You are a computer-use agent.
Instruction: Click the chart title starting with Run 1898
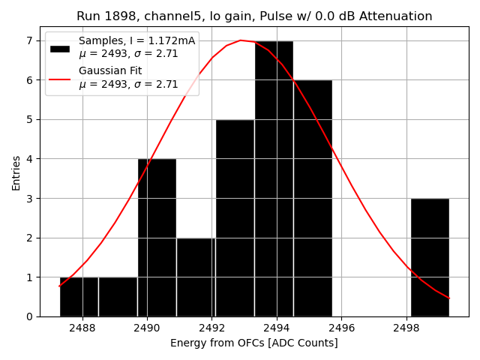coord(254,16)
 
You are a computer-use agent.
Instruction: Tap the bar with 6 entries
coord(313,198)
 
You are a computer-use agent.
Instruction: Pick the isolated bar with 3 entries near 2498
coord(430,257)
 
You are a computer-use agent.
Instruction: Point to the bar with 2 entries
coord(196,277)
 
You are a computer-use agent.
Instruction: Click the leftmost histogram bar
coord(79,297)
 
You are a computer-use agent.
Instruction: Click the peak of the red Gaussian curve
coord(241,40)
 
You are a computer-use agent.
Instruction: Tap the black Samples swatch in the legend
coord(60,49)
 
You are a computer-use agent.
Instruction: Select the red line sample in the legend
coord(60,79)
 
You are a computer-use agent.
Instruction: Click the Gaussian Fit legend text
coord(110,70)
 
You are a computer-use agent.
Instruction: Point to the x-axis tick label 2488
coord(82,328)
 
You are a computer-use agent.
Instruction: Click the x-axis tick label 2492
coord(212,328)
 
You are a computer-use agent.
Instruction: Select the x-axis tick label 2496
coord(342,328)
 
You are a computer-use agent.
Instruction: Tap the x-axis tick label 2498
coord(406,328)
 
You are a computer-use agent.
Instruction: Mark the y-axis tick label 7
coord(29,40)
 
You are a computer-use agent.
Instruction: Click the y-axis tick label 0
coord(29,316)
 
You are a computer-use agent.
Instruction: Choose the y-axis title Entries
coord(16,172)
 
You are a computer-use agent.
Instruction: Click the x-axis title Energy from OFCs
coord(254,343)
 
